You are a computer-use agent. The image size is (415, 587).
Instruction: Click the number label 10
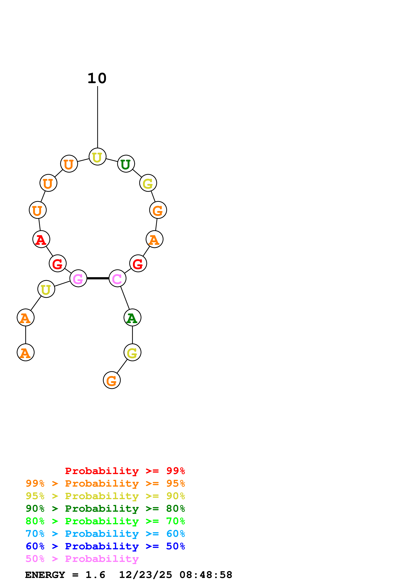point(97,78)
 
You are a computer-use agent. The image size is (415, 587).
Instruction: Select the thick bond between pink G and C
point(98,278)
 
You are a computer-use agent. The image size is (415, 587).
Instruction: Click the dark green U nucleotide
point(126,164)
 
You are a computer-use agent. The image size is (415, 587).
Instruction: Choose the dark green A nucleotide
point(132,318)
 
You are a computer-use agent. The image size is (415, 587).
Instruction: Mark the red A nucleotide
point(41,239)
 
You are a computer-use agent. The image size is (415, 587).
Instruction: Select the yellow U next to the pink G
point(46,289)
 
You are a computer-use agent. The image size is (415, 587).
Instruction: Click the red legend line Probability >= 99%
point(125,471)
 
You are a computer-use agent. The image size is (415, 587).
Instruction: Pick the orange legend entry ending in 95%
point(105,483)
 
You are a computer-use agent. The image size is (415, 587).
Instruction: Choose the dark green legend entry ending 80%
point(105,509)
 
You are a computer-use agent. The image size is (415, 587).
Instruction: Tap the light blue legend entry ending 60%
point(105,534)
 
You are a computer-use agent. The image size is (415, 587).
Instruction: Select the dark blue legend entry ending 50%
point(105,546)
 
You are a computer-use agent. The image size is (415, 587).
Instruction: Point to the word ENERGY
point(45,575)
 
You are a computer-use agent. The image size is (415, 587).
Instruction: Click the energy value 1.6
point(95,575)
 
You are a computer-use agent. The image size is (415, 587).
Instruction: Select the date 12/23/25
point(145,575)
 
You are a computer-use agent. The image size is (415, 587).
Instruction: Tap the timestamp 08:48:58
point(206,575)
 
